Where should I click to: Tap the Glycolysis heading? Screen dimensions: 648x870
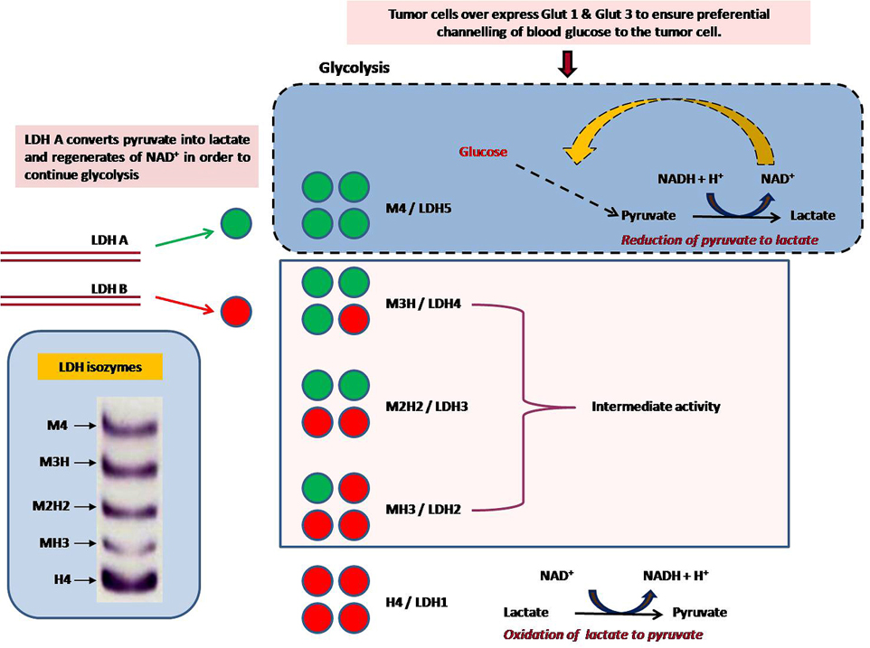click(355, 68)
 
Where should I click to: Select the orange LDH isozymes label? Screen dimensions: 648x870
click(101, 367)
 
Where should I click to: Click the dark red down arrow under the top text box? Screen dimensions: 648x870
click(568, 64)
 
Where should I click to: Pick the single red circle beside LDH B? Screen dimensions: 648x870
click(236, 312)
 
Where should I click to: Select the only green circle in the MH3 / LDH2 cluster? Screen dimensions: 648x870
click(319, 488)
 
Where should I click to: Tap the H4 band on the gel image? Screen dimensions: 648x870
click(130, 577)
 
